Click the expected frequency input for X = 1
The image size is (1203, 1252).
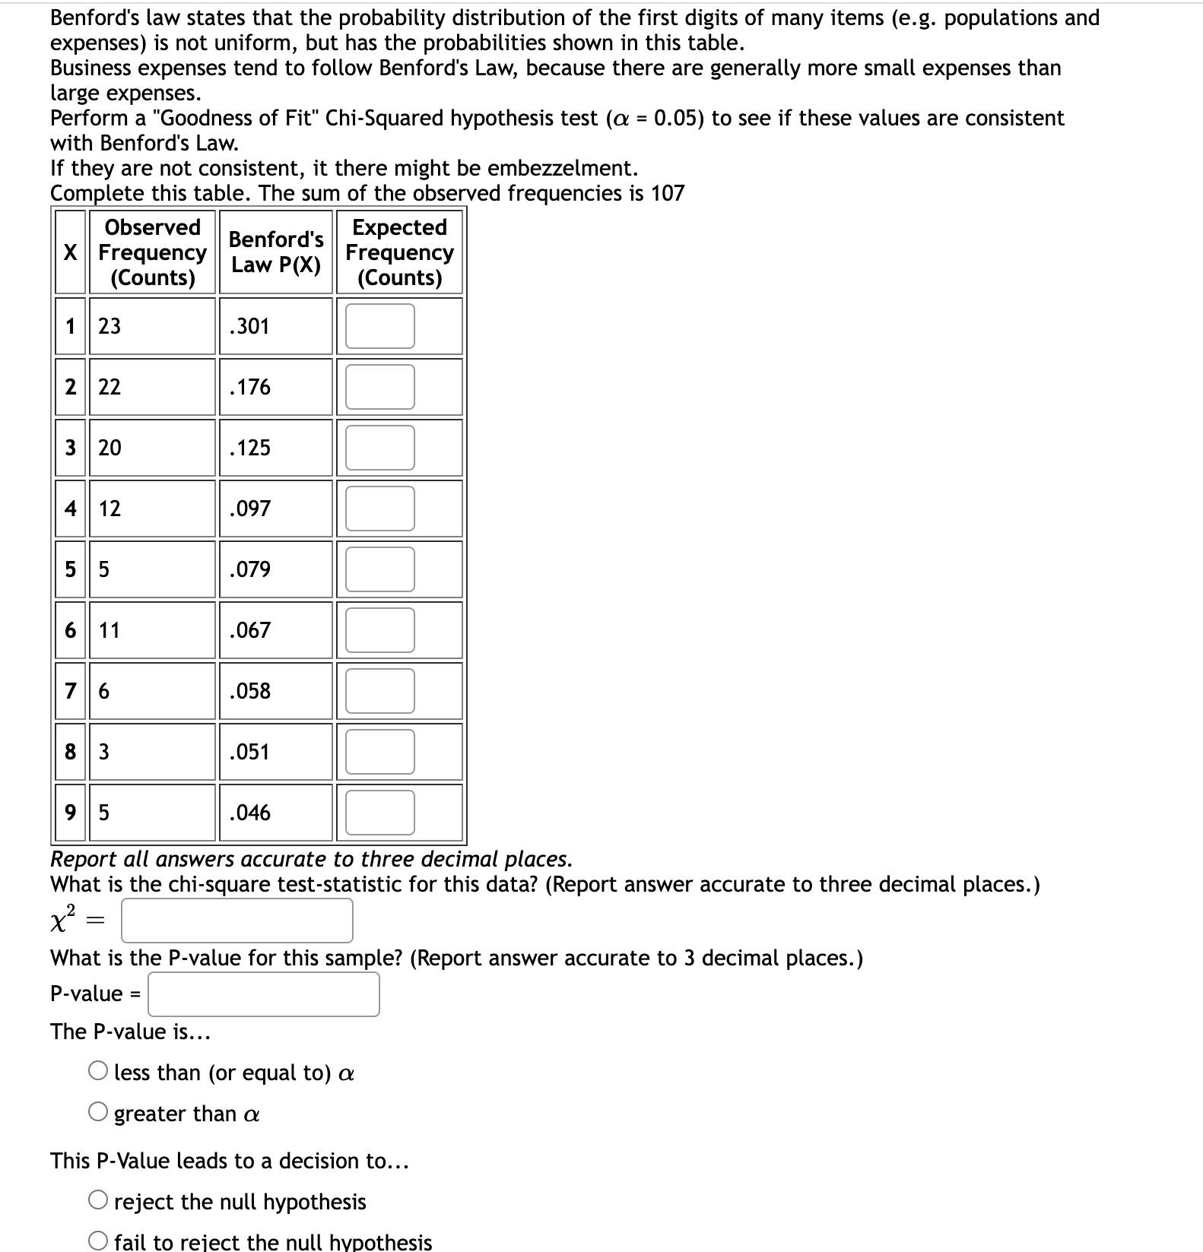point(379,326)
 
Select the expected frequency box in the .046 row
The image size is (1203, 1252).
point(379,813)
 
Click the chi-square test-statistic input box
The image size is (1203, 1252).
point(236,921)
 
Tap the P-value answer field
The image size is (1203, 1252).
point(263,994)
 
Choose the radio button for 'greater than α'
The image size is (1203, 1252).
point(98,1113)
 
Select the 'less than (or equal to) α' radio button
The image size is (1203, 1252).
point(98,1072)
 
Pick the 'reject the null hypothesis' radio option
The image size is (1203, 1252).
point(98,1201)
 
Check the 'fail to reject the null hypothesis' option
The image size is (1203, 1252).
point(98,1242)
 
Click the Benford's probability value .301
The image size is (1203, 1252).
point(249,326)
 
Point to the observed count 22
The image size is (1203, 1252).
point(110,387)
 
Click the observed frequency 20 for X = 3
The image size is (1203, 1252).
point(110,448)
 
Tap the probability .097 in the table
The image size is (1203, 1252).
point(249,509)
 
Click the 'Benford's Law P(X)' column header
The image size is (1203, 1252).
point(276,252)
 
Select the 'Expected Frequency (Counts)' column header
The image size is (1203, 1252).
point(399,252)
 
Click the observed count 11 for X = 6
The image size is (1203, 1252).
point(110,630)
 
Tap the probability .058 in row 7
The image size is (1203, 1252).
point(249,691)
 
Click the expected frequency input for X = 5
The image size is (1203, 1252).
point(379,569)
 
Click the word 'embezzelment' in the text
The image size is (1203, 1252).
point(561,168)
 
